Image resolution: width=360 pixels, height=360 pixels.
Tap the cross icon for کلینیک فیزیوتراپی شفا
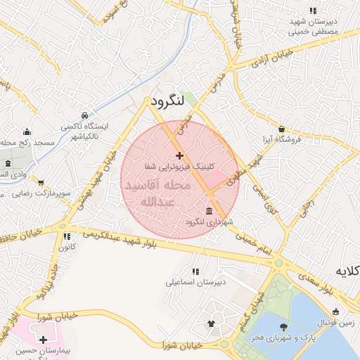coord(179,155)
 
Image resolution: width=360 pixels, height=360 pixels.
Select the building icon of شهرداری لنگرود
coord(210,212)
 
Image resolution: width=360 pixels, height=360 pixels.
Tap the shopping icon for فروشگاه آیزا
coord(282,129)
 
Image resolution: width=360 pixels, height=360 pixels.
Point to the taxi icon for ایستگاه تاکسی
coord(84,115)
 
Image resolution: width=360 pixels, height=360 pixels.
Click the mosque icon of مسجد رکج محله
coord(27,131)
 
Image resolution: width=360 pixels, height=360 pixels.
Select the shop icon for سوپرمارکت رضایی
coord(41,181)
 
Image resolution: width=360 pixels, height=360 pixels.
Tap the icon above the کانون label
coord(67,237)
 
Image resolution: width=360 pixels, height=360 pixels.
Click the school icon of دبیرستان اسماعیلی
coord(195,271)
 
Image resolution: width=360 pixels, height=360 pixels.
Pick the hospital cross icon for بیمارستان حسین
coord(44,339)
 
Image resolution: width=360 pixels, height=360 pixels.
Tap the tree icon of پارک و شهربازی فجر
coord(283,326)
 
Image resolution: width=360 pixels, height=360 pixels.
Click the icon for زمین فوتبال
coord(336,311)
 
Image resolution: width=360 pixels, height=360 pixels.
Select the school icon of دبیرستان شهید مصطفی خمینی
coord(313,11)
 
